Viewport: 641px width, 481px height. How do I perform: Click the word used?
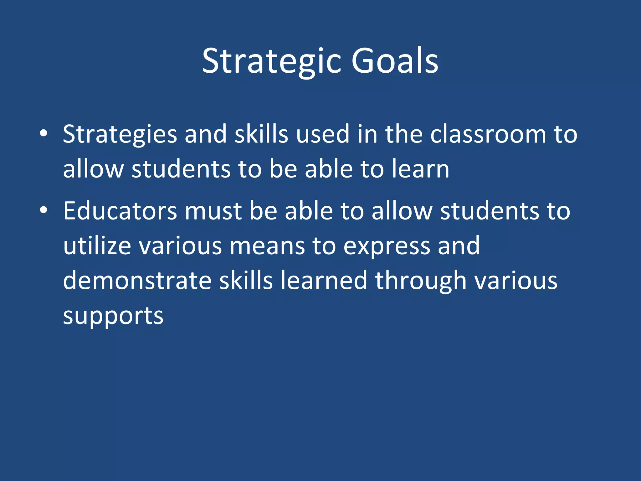(322, 134)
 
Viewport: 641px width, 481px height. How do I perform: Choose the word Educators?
(120, 211)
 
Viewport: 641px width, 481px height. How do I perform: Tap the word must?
(213, 211)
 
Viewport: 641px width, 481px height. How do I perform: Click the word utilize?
(97, 246)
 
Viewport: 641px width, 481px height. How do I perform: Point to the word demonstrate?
(137, 281)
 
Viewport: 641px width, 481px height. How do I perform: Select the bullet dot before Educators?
(44, 210)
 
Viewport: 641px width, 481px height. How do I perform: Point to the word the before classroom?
(403, 134)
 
